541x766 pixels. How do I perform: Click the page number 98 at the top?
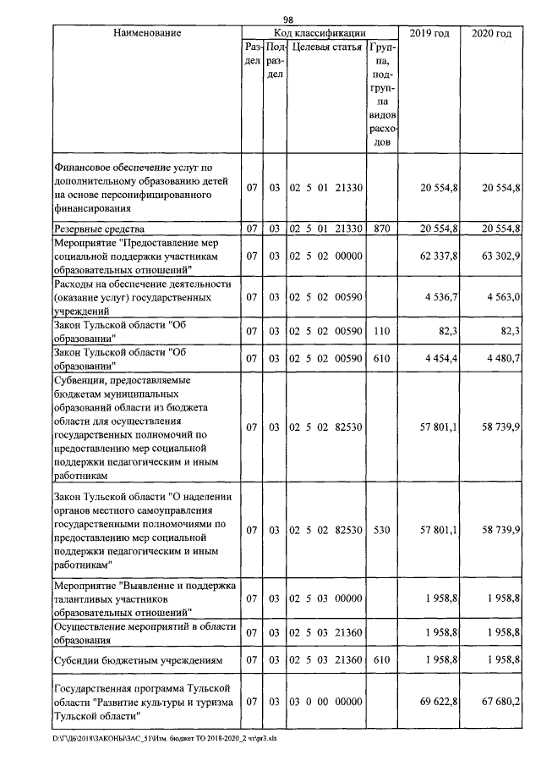click(287, 19)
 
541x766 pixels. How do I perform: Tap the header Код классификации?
click(314, 33)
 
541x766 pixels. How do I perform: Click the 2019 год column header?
click(429, 33)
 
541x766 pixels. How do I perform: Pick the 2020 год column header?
click(489, 33)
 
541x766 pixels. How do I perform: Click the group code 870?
click(381, 229)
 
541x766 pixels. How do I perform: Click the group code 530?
click(381, 530)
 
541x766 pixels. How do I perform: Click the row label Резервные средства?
click(98, 229)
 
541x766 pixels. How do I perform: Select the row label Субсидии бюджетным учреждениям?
click(138, 660)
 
